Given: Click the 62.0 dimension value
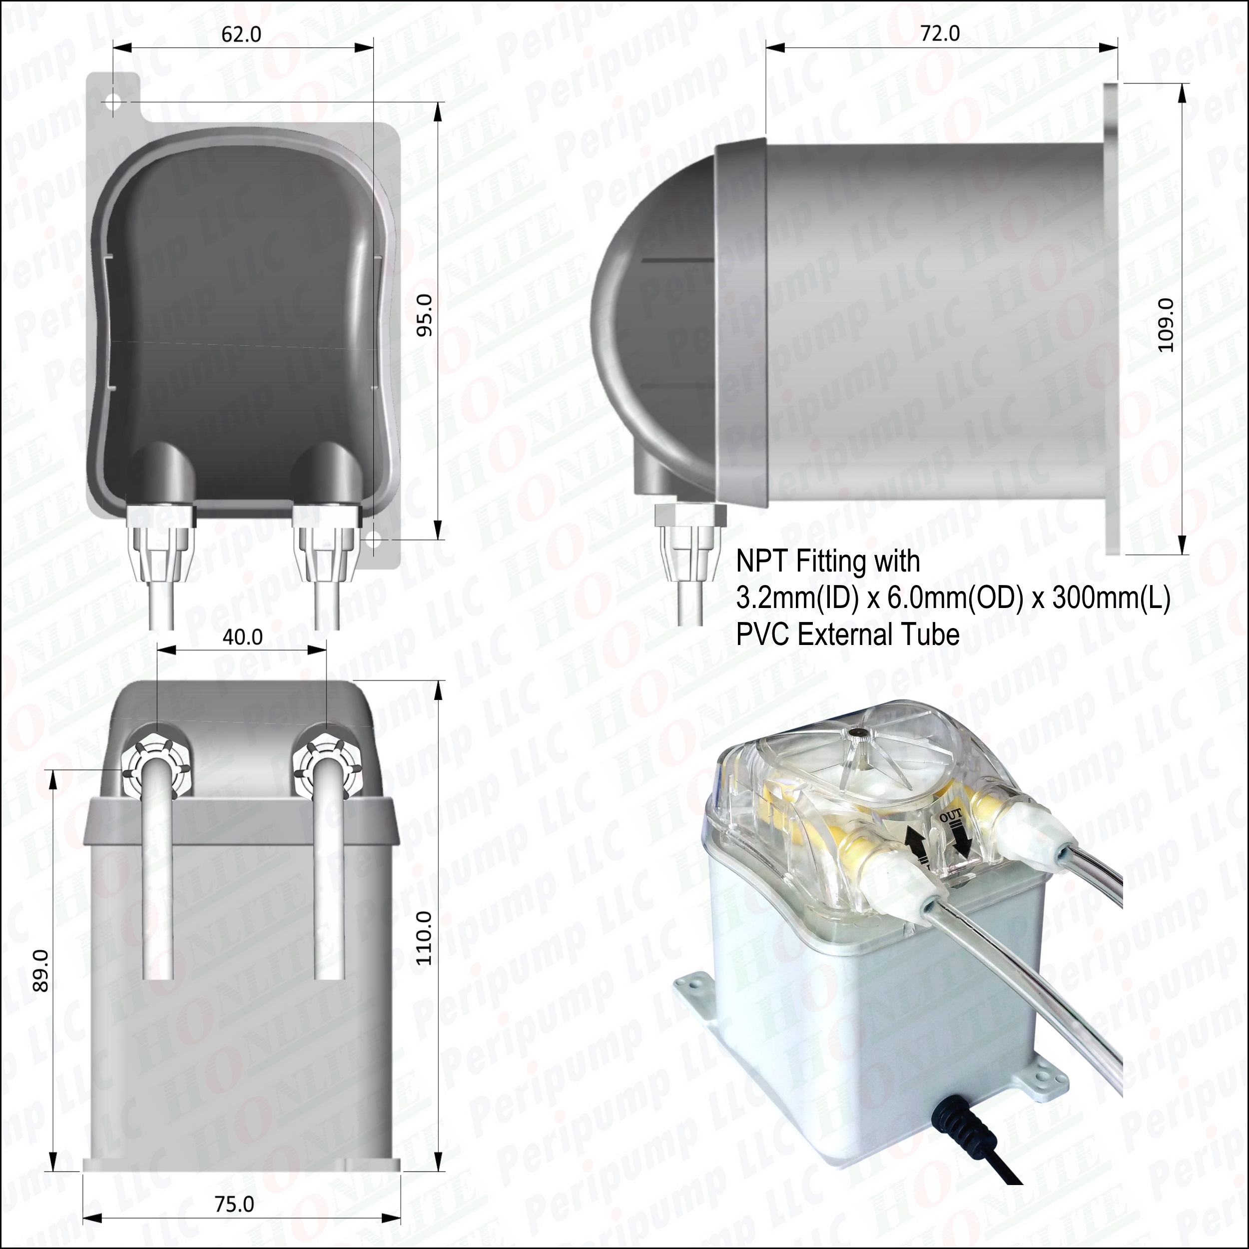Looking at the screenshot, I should (241, 34).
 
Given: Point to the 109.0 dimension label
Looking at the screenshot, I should (1166, 325).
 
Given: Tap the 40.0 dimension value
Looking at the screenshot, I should (242, 637).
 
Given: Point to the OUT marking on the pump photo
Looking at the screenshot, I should (951, 816).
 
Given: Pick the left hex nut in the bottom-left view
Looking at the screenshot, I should (156, 763).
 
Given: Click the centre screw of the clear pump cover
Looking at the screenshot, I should (858, 732).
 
